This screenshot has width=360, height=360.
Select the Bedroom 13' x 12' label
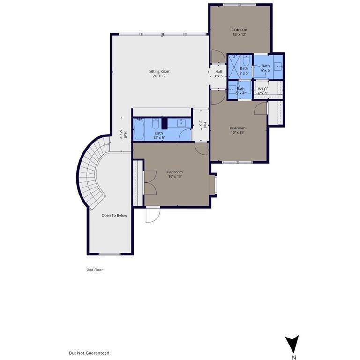pyautogui.click(x=239, y=30)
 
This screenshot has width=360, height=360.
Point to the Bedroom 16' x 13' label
pyautogui.click(x=175, y=172)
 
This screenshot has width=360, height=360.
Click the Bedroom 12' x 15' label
pyautogui.click(x=237, y=128)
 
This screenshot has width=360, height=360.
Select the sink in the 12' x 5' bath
pyautogui.click(x=181, y=123)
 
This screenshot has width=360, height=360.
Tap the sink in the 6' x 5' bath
pyautogui.click(x=277, y=66)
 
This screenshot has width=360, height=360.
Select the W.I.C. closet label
pyautogui.click(x=262, y=89)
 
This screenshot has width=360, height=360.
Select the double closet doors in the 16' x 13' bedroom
pyautogui.click(x=150, y=182)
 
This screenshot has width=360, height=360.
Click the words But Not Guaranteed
pyautogui.click(x=90, y=353)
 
